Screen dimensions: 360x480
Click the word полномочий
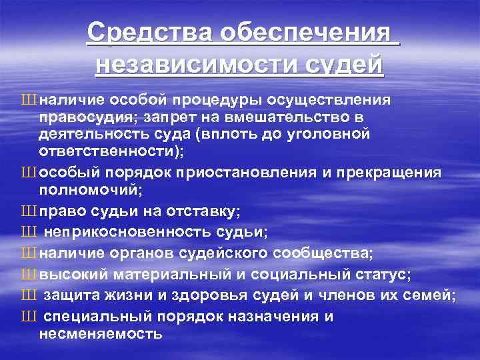(x=93, y=190)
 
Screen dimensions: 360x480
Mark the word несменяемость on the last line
(x=100, y=335)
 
